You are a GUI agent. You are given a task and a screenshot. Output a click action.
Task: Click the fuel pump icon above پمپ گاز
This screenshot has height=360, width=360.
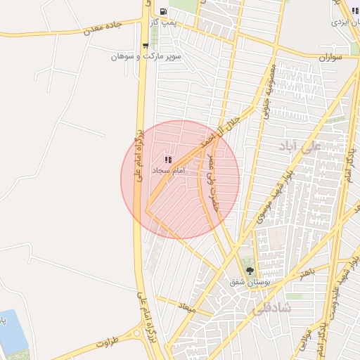163,11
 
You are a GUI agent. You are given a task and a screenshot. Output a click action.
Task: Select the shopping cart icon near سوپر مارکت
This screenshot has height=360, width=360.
146,46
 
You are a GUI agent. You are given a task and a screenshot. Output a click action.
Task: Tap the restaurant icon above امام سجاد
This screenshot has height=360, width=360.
168,160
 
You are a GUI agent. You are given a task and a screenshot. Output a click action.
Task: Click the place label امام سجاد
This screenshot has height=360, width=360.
168,171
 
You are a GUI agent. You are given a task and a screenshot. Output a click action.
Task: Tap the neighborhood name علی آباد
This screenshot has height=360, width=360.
300,146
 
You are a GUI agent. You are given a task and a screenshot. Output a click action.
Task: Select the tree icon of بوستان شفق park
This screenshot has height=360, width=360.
250,271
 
